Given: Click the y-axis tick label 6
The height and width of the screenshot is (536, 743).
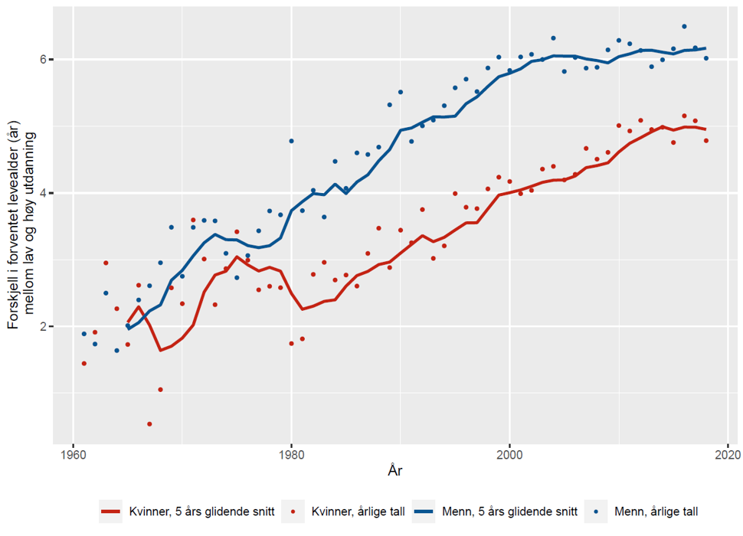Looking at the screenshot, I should click(x=44, y=60).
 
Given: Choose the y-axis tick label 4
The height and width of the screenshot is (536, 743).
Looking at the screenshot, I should click(x=44, y=193).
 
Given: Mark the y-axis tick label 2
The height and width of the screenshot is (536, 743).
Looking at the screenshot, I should click(x=44, y=326).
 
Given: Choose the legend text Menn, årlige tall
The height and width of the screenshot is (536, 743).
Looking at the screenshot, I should click(x=656, y=510).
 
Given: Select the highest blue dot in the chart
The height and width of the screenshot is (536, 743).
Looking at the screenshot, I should click(x=684, y=26).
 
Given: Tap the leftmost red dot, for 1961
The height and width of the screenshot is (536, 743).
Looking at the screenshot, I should click(x=84, y=363).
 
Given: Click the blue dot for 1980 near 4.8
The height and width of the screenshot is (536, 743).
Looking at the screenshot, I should click(x=291, y=141).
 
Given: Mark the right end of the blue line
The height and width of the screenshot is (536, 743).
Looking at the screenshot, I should click(x=705, y=48).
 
